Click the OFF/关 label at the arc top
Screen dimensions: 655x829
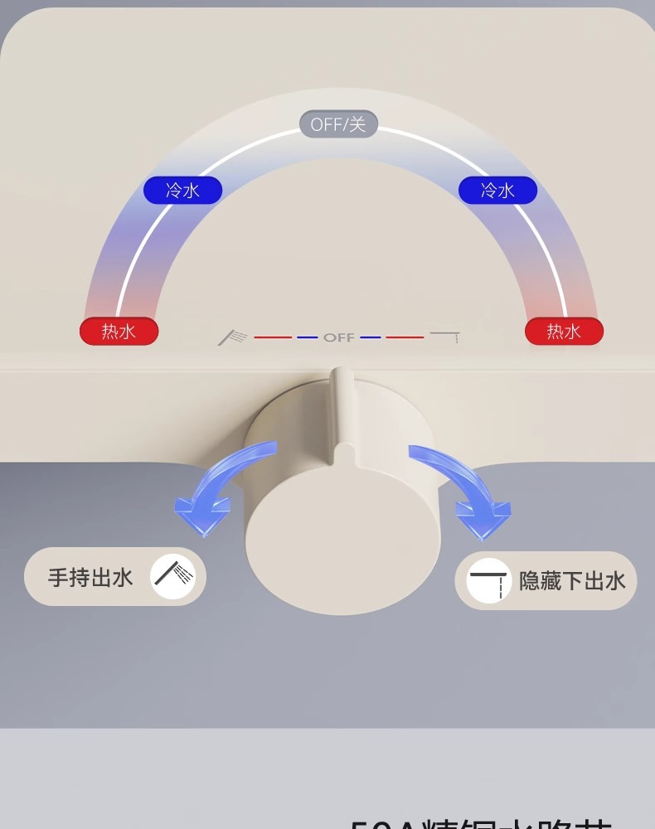click(338, 124)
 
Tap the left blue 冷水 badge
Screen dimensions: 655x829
click(182, 191)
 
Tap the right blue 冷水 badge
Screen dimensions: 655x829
click(497, 191)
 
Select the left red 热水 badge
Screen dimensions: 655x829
click(119, 332)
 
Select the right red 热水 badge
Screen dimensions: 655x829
click(564, 332)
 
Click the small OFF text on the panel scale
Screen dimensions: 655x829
click(338, 337)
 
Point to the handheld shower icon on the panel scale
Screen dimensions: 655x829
click(234, 337)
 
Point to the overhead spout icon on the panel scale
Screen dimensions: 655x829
click(445, 336)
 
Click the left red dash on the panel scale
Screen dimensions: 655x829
click(273, 337)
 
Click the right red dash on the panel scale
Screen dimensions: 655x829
click(405, 337)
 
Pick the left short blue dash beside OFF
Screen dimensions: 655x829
click(308, 337)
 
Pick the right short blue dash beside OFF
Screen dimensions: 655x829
click(371, 337)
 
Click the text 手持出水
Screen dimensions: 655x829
click(90, 577)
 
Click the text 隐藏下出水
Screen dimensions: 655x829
click(572, 580)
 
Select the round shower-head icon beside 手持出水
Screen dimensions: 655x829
click(172, 577)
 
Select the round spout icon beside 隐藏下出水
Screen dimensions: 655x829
click(488, 580)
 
